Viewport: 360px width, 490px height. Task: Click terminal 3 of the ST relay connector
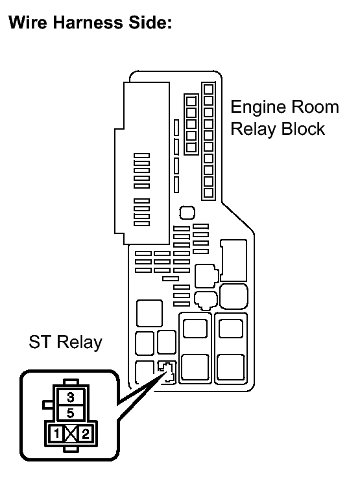(x=71, y=397)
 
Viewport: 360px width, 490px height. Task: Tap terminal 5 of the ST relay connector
(x=71, y=413)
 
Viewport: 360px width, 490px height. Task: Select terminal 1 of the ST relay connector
(x=56, y=434)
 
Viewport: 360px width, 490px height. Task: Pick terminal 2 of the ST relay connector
(x=85, y=434)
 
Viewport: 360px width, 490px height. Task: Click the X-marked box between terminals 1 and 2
(x=71, y=434)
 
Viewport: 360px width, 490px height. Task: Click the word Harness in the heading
(x=88, y=23)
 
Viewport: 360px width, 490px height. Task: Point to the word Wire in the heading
(x=27, y=23)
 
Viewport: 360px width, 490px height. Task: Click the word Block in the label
(x=303, y=129)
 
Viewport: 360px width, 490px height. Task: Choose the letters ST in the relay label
(x=40, y=342)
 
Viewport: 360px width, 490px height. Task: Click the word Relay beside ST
(x=79, y=343)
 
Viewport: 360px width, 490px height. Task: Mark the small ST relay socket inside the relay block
(x=167, y=372)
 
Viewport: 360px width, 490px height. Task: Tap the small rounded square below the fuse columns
(x=187, y=213)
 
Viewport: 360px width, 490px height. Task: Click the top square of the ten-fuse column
(x=208, y=89)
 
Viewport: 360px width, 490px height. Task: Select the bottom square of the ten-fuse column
(x=208, y=192)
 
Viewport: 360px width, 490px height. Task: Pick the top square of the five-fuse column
(x=191, y=101)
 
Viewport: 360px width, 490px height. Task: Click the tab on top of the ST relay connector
(x=71, y=382)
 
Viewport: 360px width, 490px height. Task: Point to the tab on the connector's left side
(x=49, y=404)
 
